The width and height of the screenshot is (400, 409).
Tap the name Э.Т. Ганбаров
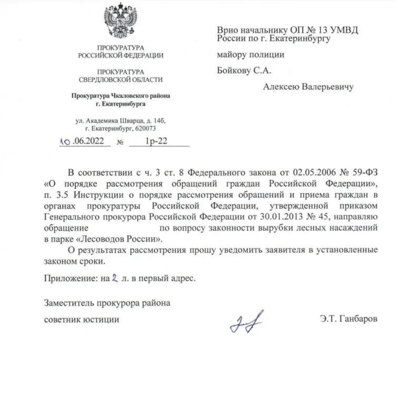tap(348, 319)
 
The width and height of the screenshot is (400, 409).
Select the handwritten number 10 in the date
tap(64, 141)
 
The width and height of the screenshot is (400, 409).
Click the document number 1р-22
tap(153, 141)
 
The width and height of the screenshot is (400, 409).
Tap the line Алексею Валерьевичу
tap(308, 87)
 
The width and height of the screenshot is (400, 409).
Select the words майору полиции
tap(251, 54)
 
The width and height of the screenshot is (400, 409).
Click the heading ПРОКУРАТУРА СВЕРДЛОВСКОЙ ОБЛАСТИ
tap(120, 75)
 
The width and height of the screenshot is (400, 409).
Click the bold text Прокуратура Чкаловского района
tap(121, 96)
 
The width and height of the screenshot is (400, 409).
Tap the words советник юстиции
tap(82, 319)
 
